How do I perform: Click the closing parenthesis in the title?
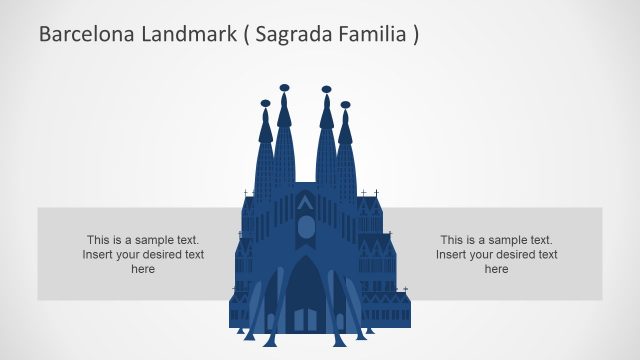415,34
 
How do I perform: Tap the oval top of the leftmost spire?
265,103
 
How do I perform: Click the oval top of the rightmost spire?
345,104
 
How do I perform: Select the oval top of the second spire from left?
285,88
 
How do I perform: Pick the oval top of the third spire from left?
326,89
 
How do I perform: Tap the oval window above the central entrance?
305,228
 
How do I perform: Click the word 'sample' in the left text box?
153,240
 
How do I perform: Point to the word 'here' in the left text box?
143,269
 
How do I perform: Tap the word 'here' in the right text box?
497,269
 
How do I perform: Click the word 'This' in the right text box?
452,240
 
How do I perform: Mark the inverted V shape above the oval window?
305,203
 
